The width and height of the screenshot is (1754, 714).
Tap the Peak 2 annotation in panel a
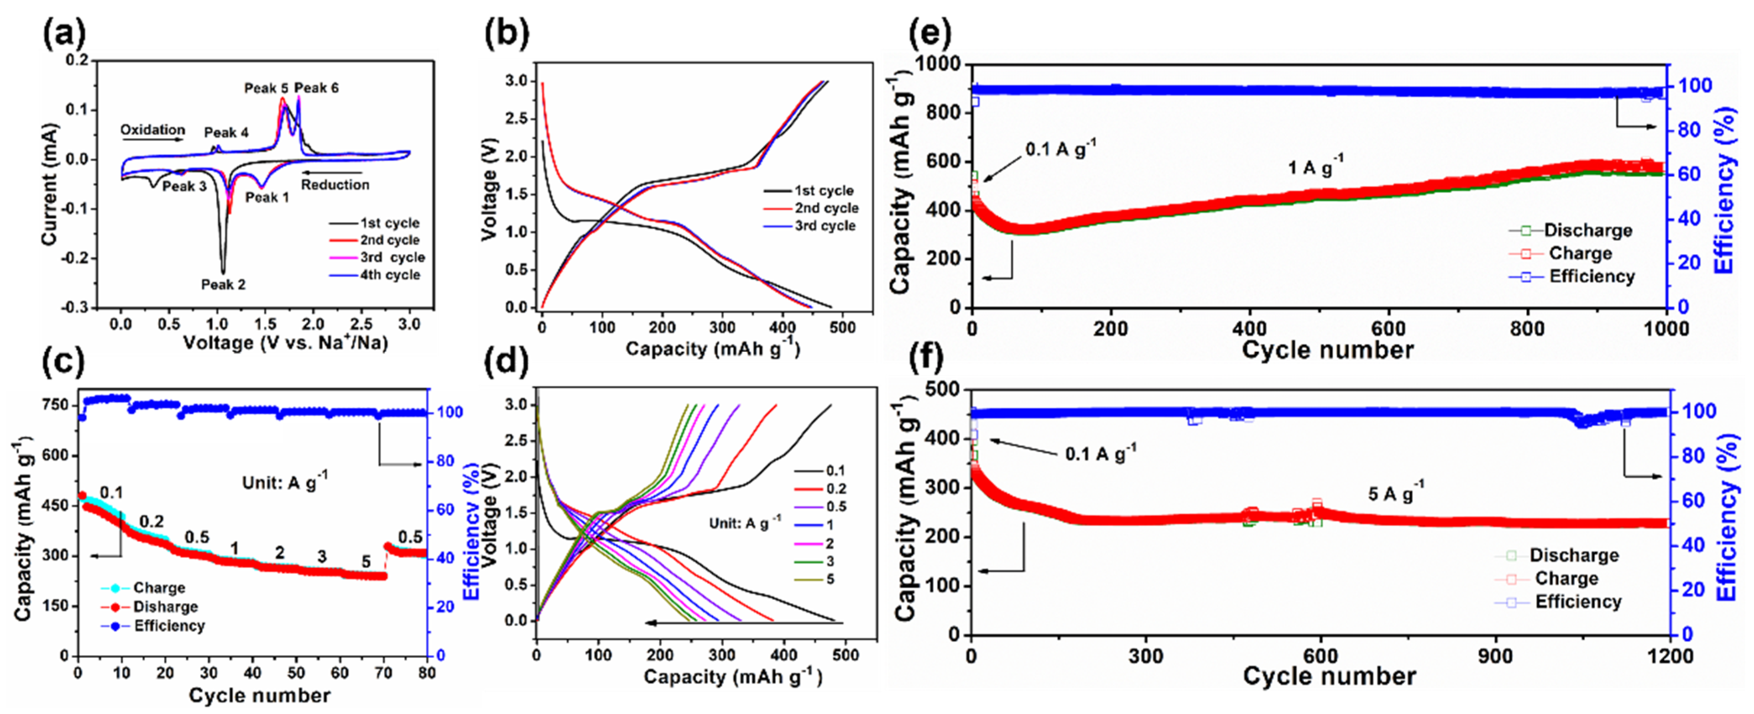tap(223, 284)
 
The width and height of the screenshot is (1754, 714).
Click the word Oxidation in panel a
tap(153, 129)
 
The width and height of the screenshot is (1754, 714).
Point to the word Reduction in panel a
tap(335, 185)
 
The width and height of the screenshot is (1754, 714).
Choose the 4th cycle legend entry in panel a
tap(389, 275)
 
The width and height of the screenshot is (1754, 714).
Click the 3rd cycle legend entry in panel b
tap(825, 226)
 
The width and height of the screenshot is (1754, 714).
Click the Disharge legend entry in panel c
tap(165, 607)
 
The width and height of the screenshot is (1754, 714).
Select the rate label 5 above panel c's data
tap(366, 562)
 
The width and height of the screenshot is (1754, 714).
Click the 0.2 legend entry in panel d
tap(836, 489)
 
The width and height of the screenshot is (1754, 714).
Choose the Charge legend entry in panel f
tap(1566, 578)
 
